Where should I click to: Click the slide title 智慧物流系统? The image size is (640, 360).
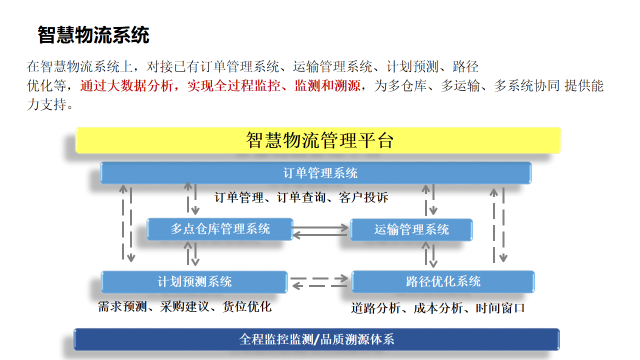(93, 35)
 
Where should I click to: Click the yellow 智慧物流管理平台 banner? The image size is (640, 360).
(318, 140)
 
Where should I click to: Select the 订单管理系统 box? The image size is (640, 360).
(315, 173)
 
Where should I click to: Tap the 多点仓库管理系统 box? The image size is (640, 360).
(219, 229)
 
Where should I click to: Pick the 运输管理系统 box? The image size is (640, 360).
(411, 229)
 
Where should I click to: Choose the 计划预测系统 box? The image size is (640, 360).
(194, 281)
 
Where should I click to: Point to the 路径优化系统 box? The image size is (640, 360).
(443, 281)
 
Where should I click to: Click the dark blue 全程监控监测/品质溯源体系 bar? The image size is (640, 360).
(316, 339)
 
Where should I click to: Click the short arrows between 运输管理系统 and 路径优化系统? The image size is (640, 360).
(430, 254)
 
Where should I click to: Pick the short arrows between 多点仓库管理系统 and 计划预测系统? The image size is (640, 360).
(191, 254)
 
